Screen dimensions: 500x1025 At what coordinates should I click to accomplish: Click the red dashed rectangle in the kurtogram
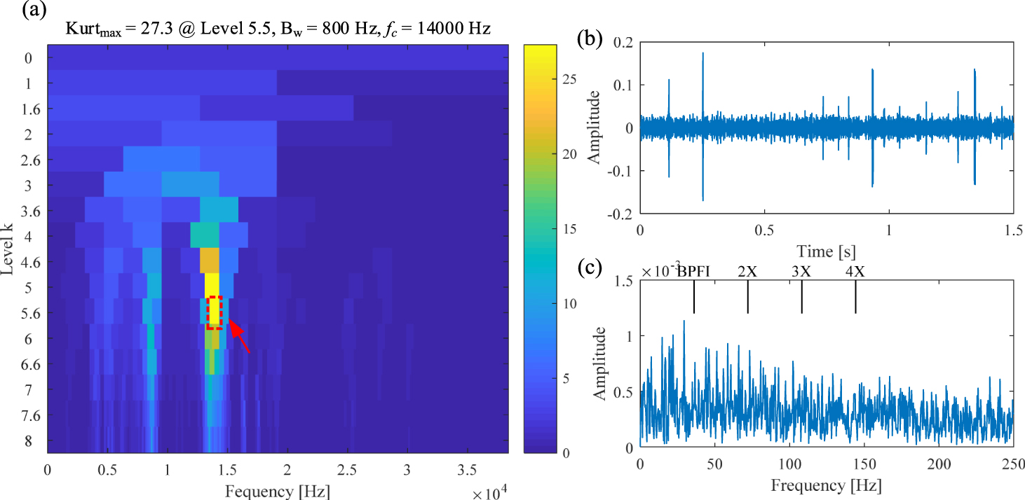(215, 312)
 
